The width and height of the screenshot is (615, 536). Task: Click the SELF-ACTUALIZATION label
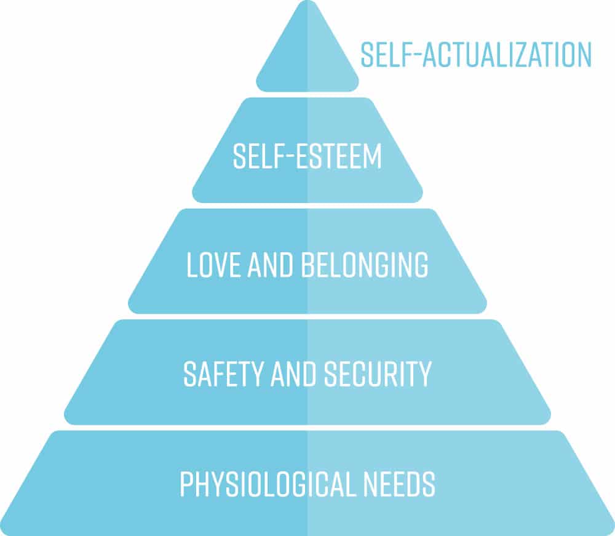click(476, 55)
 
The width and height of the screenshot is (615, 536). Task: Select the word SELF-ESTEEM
click(307, 156)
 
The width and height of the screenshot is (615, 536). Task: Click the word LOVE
click(213, 265)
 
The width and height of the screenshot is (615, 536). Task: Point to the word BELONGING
click(364, 265)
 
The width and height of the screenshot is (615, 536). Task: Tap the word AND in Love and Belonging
click(270, 265)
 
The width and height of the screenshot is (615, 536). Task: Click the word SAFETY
click(223, 374)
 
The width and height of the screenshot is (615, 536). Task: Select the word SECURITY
click(378, 374)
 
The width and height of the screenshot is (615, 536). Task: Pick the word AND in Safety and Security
click(293, 374)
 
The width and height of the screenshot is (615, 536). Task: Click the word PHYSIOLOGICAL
click(268, 484)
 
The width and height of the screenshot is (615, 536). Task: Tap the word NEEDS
click(399, 484)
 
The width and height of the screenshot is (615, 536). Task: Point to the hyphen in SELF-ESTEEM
click(288, 157)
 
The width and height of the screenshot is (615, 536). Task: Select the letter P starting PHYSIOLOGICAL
click(187, 484)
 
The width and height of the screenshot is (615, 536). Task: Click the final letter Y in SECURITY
click(424, 374)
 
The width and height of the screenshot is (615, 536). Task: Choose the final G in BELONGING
click(421, 265)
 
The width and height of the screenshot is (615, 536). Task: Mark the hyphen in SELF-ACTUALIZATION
click(416, 55)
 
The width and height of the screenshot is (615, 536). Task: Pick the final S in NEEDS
click(428, 484)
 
